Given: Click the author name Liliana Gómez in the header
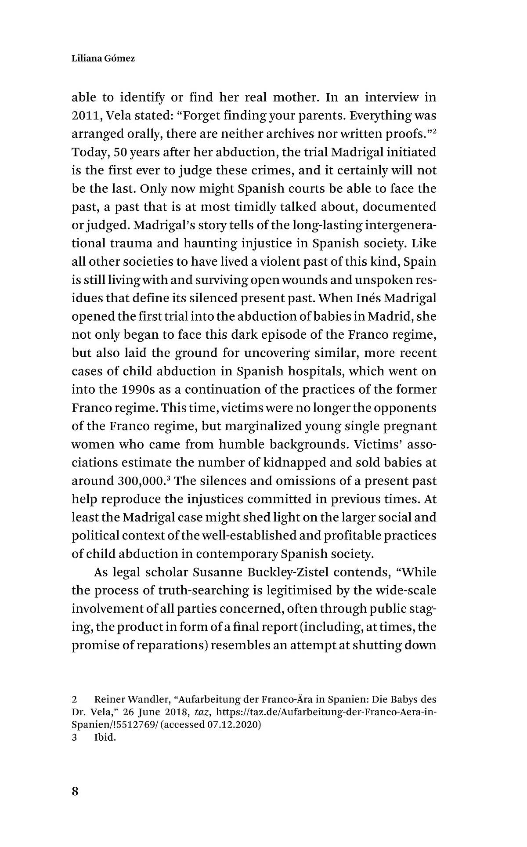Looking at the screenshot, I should pyautogui.click(x=103, y=58).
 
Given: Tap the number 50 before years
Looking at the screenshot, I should pyautogui.click(x=120, y=152).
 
